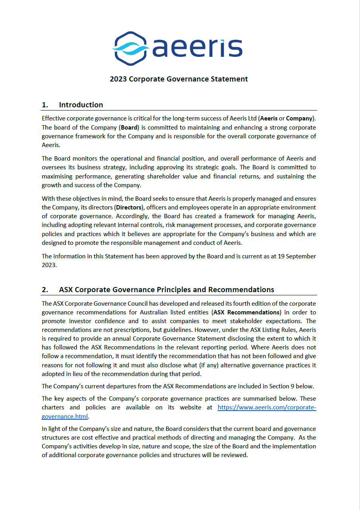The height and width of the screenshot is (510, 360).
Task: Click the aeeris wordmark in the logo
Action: point(197,48)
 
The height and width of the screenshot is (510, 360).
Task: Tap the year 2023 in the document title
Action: point(119,79)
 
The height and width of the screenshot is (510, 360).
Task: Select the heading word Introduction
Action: point(81,105)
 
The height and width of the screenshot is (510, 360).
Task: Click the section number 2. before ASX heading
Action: point(45,289)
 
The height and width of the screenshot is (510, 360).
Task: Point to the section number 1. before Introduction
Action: point(45,105)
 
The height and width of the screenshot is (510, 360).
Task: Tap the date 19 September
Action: point(296,256)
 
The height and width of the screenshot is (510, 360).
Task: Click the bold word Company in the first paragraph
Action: point(299,118)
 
